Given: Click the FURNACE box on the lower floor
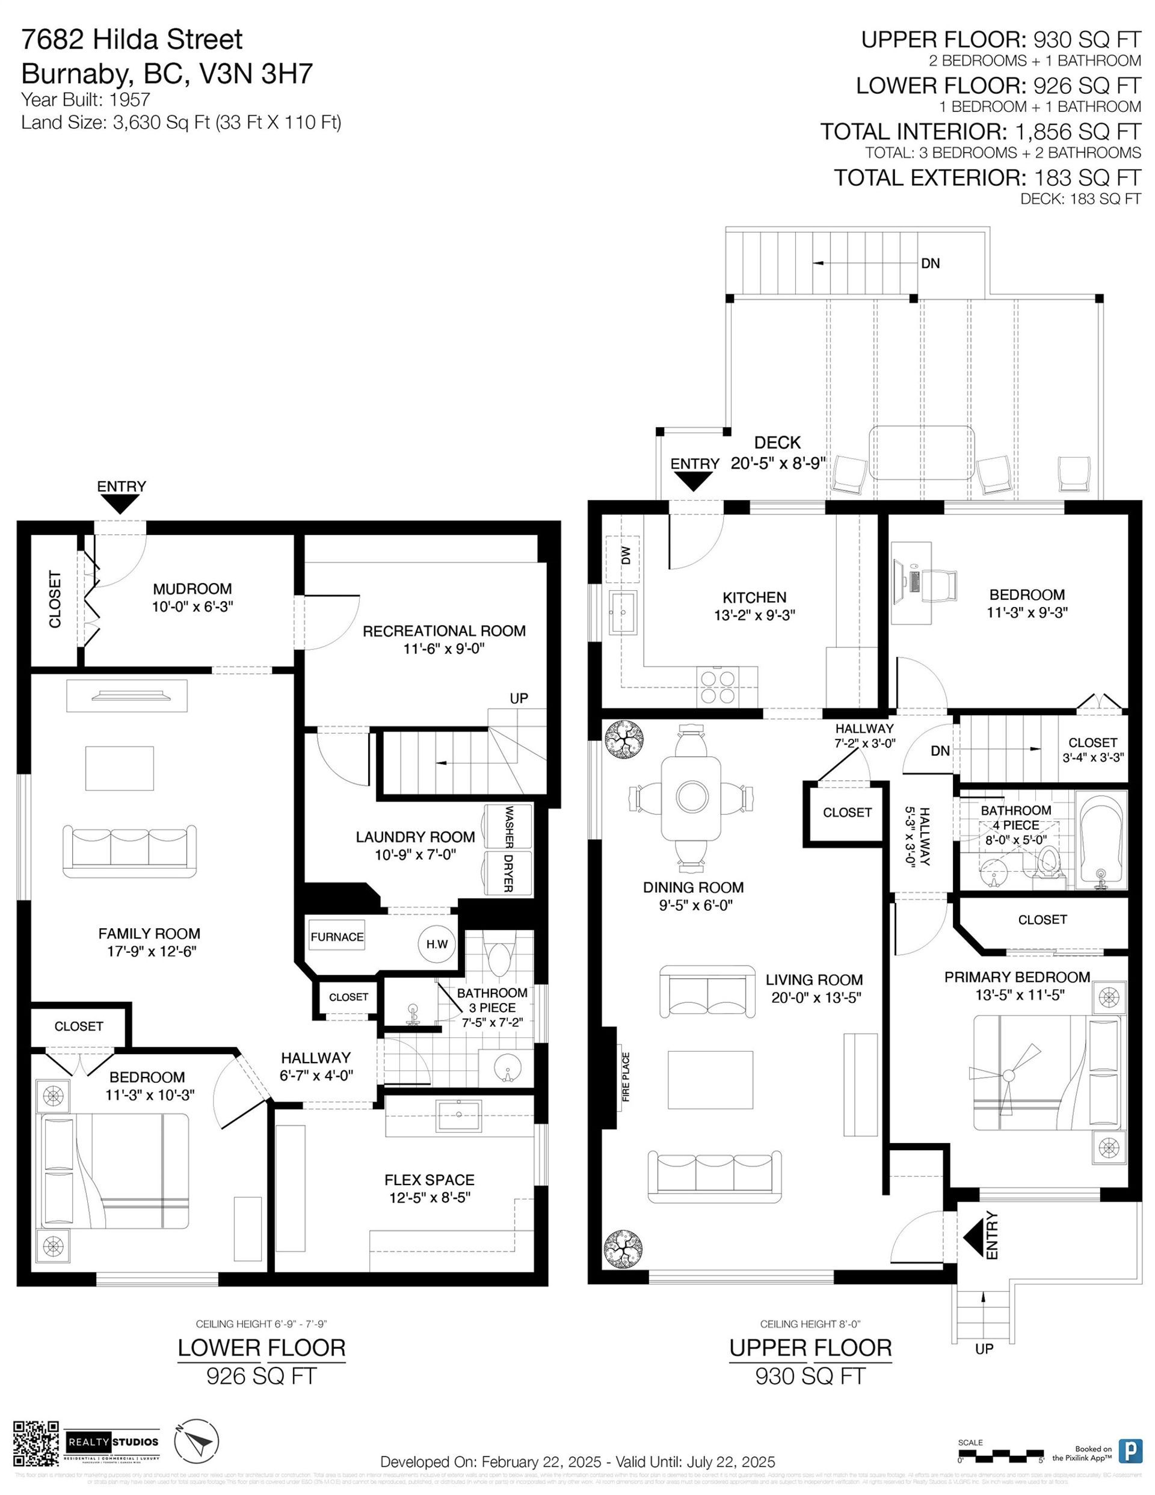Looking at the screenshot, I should coord(336,937).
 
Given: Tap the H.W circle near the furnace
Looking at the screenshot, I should coord(437,944).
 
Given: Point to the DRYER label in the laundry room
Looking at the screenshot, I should coord(508,874).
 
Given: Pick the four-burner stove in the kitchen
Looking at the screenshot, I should coord(718,687).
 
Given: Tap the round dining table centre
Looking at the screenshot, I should coord(691,797).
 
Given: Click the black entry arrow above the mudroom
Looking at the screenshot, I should coord(121,505).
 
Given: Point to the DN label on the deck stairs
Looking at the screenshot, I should coord(930,263).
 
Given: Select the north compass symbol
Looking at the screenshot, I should coord(197,1443).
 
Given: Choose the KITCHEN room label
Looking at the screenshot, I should coord(754,597).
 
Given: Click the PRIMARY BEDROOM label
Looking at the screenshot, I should coord(1017,977).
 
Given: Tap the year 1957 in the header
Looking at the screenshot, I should coord(128,100).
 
